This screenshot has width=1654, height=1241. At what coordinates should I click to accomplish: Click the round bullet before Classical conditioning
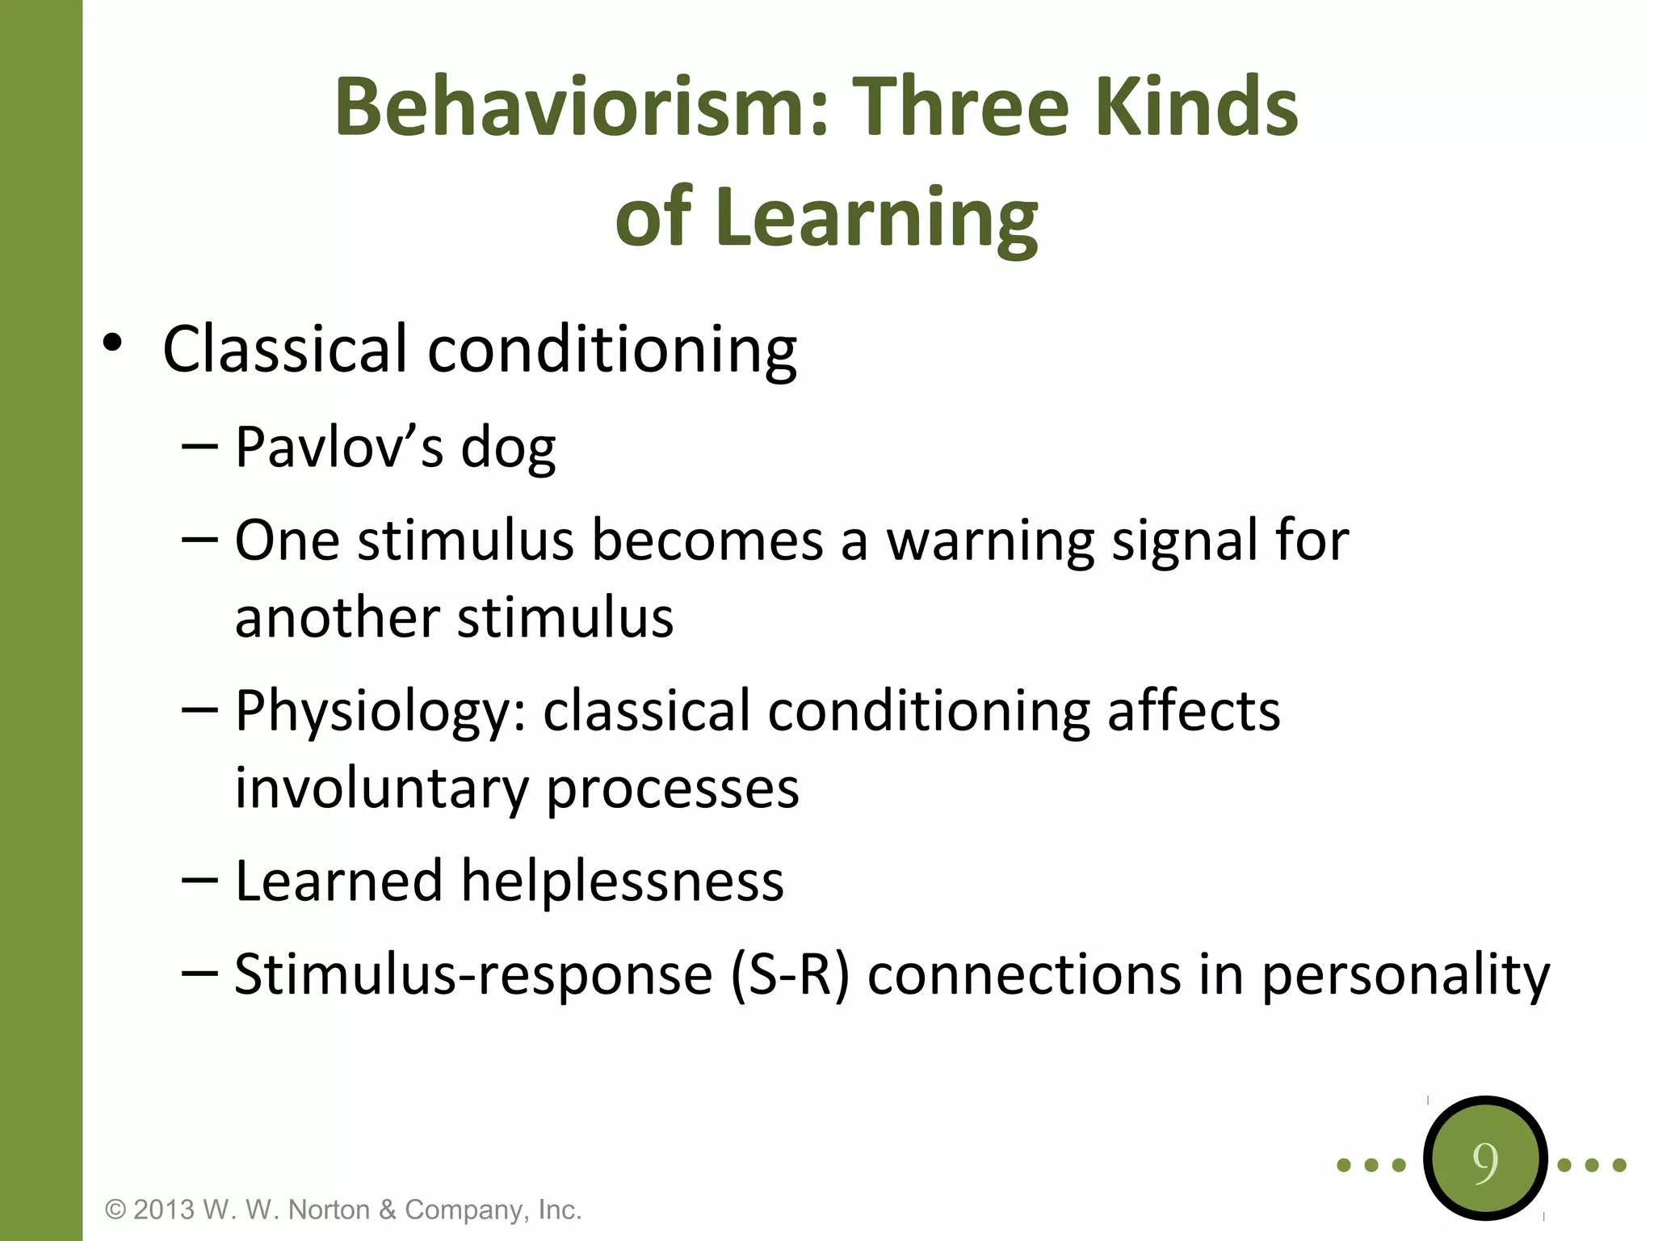112,343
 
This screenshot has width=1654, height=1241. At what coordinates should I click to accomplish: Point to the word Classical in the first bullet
284,350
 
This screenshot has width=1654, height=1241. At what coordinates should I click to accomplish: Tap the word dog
508,449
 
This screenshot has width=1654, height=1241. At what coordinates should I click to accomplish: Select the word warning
990,541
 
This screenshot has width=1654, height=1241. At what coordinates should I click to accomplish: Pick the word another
337,618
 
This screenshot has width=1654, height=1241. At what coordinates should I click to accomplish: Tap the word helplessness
622,881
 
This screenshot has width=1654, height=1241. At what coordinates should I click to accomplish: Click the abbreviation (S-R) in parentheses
790,974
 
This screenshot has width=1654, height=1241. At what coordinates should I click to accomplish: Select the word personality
1405,976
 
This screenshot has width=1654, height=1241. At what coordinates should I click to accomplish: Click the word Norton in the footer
329,1209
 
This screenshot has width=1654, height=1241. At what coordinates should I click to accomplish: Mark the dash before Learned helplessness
199,880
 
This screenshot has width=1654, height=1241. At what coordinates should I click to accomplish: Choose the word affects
1193,711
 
